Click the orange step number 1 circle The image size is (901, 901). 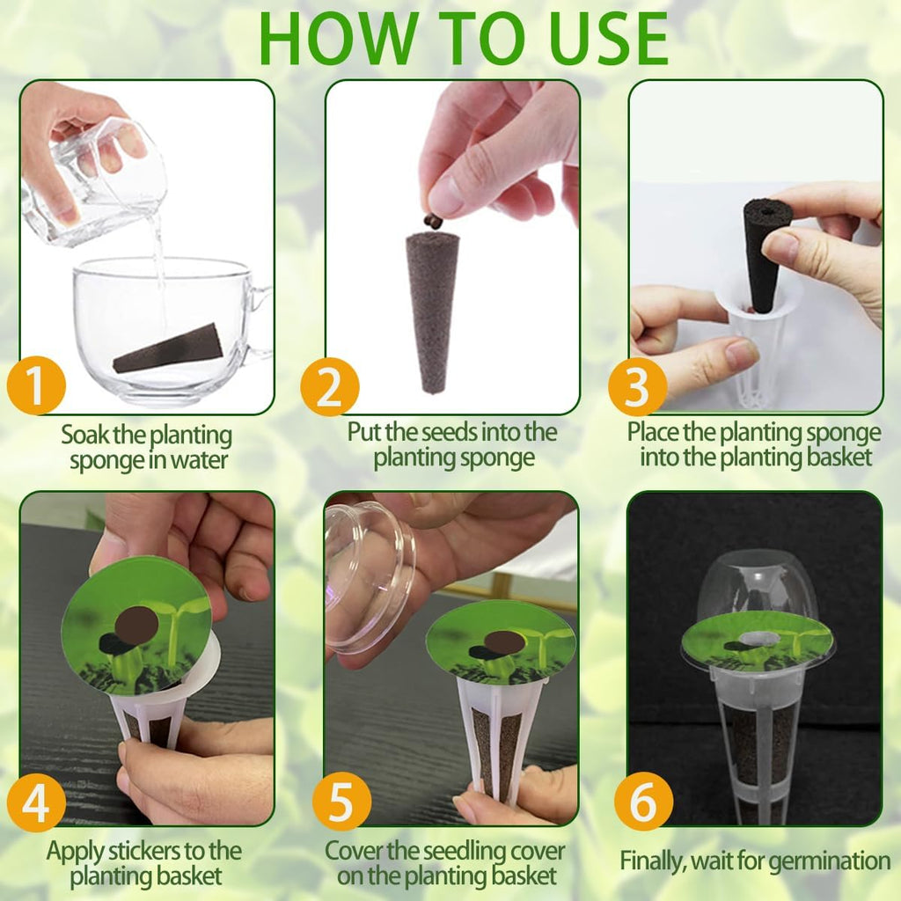point(35,385)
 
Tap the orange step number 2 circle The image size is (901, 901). point(329,385)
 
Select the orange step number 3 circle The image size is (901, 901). point(637,385)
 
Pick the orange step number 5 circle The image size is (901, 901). point(341,801)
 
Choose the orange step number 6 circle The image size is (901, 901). point(643,801)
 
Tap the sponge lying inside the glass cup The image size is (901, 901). point(169,348)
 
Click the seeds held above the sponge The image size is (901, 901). point(433,220)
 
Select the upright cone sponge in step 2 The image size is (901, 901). point(433,308)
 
